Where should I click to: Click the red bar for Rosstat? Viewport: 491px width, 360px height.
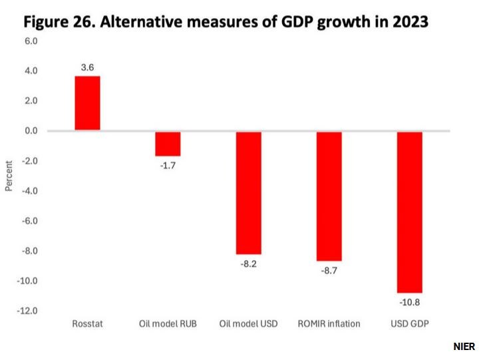(87, 103)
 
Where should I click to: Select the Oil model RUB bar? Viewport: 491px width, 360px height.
(168, 143)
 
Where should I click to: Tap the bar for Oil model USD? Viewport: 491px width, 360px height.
(249, 193)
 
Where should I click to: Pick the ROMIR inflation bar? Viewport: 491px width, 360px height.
(329, 196)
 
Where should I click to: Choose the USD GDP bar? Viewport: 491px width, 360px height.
(409, 212)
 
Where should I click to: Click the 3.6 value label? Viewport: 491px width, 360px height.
(87, 67)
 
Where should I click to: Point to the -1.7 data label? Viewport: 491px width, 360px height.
(168, 165)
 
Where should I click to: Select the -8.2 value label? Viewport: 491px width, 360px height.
(249, 264)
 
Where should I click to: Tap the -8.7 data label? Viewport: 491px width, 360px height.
(329, 270)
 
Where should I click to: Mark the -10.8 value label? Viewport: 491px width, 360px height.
(409, 302)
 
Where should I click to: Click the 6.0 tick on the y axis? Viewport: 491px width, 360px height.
(31, 41)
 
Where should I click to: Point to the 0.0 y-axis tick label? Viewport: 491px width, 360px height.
(31, 131)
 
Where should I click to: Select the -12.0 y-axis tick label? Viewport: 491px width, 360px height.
(28, 311)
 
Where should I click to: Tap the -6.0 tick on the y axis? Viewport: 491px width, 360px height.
(30, 221)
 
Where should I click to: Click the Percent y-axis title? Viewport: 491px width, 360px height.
(9, 176)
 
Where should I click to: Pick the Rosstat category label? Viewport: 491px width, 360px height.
(87, 324)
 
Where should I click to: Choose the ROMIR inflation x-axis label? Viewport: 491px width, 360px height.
(329, 324)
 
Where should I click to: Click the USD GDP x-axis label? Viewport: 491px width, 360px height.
(409, 324)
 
